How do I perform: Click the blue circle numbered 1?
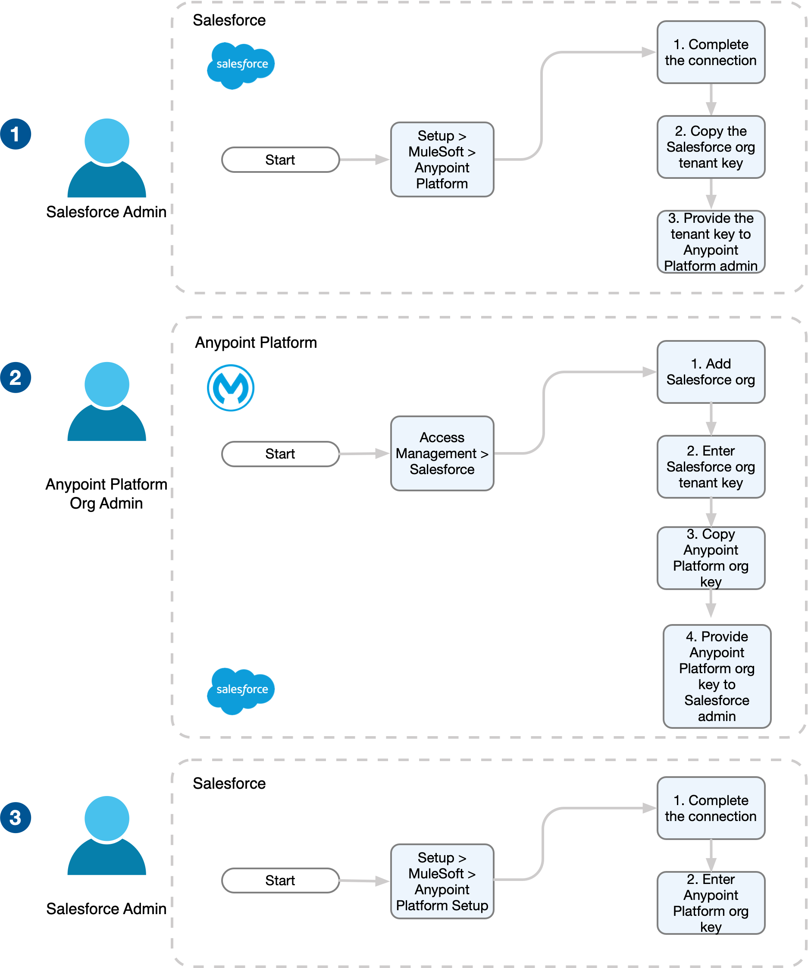coord(16,134)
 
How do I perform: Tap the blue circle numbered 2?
coord(16,378)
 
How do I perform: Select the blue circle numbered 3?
coord(16,817)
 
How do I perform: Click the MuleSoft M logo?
coord(231,387)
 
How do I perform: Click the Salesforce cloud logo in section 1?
coord(241,65)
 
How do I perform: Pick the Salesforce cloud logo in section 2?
coord(241,690)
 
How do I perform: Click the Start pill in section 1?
coord(280,160)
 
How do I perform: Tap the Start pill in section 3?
coord(280,881)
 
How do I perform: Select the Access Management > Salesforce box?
coord(442,453)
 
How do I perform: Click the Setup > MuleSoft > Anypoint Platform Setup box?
coord(442,881)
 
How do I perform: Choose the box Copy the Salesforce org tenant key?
coord(711,147)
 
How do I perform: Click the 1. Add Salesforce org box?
coord(711,372)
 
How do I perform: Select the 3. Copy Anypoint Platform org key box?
coord(711,558)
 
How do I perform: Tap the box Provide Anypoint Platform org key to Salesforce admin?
coord(717,676)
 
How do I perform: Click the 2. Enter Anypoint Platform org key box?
coord(711,902)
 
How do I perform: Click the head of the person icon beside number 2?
coord(107,384)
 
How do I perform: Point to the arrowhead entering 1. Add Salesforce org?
coord(650,372)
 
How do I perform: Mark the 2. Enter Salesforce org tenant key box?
coord(711,466)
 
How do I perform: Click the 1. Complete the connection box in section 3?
coord(711,808)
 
